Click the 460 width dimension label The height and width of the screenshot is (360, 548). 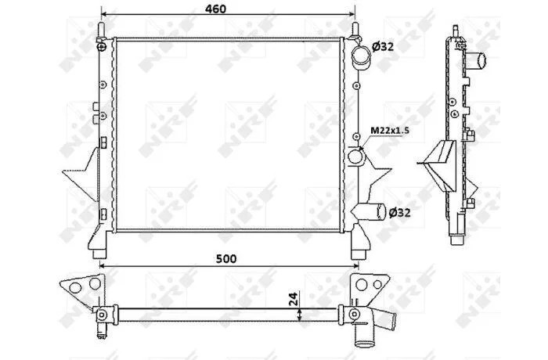215,9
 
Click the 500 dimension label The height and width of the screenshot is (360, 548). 226,258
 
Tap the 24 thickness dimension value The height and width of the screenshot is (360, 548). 294,299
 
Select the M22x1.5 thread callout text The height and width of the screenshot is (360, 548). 390,131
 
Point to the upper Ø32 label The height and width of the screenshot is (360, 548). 383,46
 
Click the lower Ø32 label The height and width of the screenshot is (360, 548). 399,212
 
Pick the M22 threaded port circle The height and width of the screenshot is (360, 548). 355,157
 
